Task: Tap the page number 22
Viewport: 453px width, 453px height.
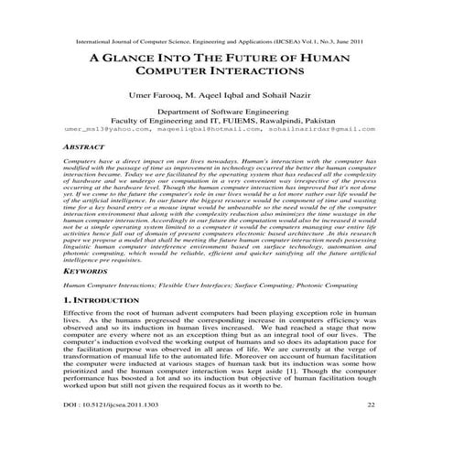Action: coord(370,428)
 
